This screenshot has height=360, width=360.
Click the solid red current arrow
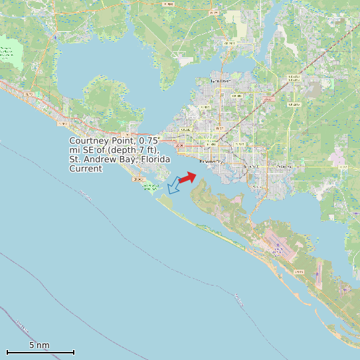[x=187, y=177]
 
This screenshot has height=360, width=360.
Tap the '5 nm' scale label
[x=39, y=345]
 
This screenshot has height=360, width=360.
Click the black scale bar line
[x=40, y=352]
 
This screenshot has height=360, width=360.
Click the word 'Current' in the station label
[x=86, y=169]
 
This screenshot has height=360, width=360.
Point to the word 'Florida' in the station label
[x=155, y=160]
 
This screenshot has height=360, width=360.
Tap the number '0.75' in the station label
[x=149, y=141]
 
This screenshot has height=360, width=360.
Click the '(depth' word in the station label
[x=114, y=151]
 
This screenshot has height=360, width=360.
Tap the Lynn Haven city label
[x=220, y=81]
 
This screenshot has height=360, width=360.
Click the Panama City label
[x=211, y=161]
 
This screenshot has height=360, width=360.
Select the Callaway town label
[x=284, y=166]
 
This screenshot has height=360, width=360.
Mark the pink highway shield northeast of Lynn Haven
[x=268, y=100]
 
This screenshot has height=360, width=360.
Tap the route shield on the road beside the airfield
[x=298, y=272]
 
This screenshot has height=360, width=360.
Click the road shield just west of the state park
[x=138, y=179]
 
